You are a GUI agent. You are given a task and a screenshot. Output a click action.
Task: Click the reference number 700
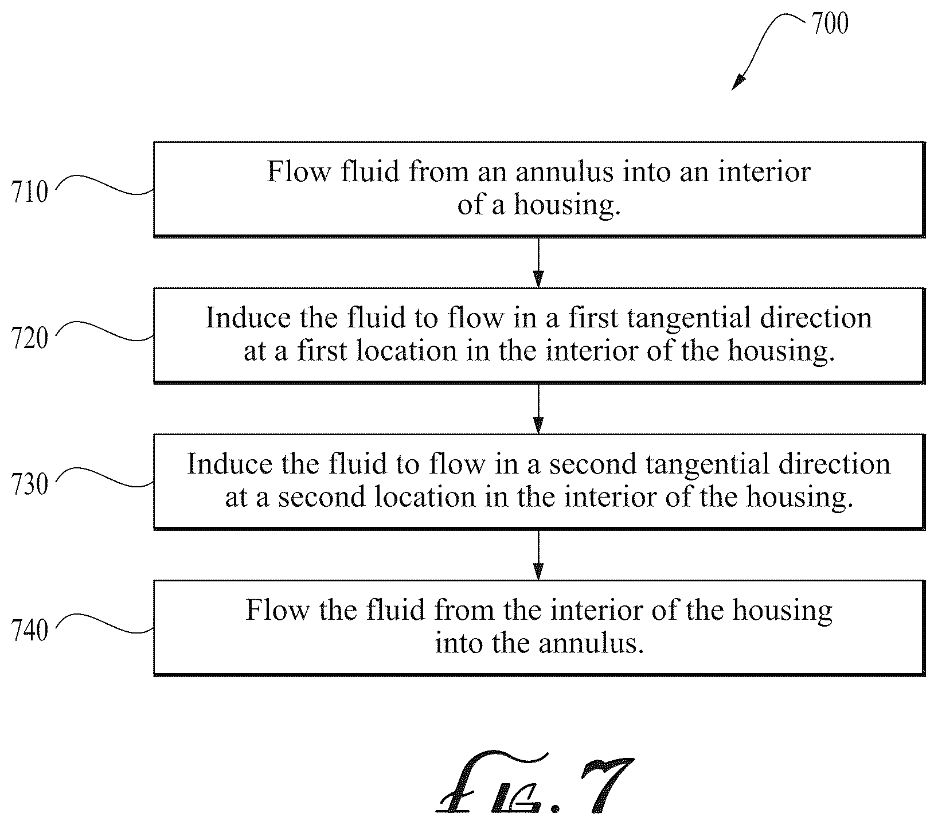click(830, 24)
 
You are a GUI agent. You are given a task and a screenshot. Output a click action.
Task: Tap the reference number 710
click(30, 192)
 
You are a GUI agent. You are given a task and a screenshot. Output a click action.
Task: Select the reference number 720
click(30, 338)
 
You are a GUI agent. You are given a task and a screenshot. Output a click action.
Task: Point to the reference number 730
click(30, 484)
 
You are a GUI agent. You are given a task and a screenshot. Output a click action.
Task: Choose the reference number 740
click(30, 631)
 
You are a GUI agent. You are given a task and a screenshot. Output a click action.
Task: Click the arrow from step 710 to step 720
click(538, 262)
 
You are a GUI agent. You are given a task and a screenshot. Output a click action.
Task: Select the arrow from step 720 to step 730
click(538, 408)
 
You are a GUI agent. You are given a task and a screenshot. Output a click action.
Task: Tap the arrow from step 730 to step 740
click(538, 554)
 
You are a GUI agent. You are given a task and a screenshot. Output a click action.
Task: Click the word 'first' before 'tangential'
click(593, 318)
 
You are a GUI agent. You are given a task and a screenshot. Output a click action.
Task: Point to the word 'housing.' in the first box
click(567, 205)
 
